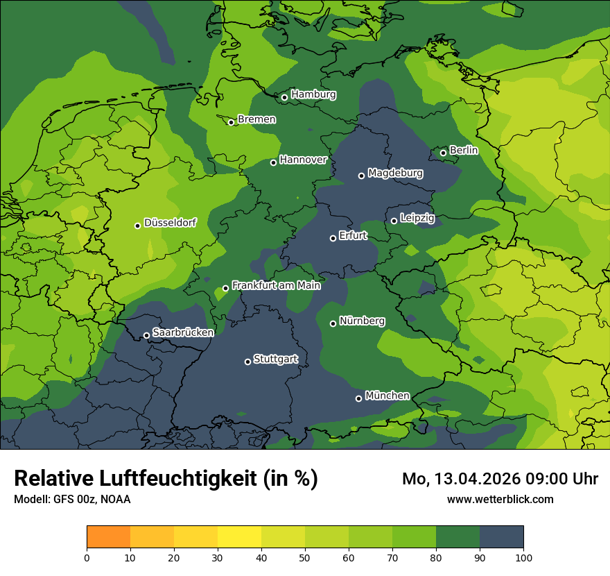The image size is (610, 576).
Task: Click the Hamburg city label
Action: [313, 94]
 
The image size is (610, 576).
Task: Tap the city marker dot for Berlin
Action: [443, 153]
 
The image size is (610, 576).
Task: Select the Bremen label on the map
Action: [256, 119]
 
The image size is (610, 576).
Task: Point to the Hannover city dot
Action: [273, 162]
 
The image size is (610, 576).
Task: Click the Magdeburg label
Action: [395, 173]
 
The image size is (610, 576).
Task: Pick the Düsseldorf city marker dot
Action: [137, 226]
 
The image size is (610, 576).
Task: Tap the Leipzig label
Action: [417, 218]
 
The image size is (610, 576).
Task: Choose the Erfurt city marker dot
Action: [333, 238]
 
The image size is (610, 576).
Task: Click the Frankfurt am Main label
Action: [276, 285]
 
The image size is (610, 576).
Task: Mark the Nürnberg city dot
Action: [333, 323]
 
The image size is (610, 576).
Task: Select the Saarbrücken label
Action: [183, 332]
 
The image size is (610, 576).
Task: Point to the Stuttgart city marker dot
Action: [247, 362]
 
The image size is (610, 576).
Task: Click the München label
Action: [387, 396]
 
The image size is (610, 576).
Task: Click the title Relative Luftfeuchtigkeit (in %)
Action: [166, 479]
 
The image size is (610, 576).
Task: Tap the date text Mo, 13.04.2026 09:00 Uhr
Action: [500, 479]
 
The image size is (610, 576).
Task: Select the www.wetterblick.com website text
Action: [500, 499]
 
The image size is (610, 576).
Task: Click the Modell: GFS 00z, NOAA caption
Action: [72, 499]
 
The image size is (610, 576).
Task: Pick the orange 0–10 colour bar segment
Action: [108, 537]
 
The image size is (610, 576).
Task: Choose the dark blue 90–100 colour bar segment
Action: [501, 537]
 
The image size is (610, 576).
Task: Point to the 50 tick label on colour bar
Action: [305, 557]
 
